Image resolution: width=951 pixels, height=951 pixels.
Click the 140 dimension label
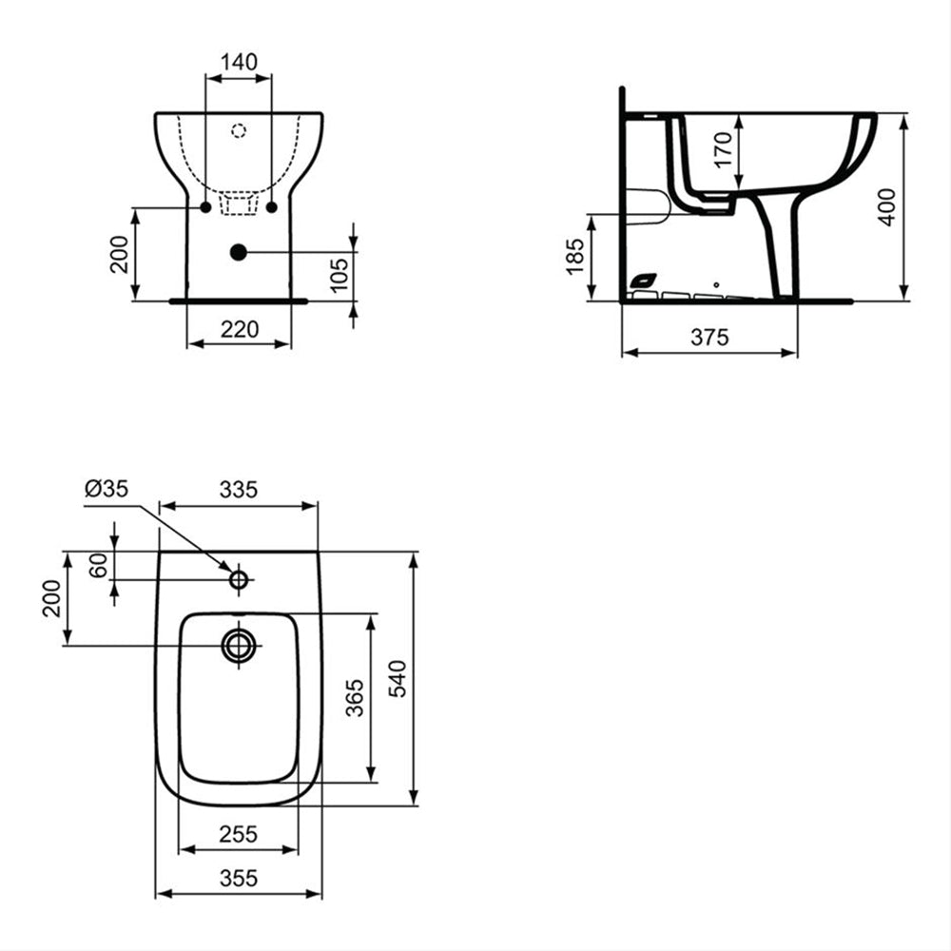(239, 62)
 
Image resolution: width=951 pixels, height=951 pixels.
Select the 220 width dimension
(240, 329)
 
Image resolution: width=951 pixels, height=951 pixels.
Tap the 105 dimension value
(340, 275)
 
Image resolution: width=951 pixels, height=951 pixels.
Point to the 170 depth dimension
(724, 150)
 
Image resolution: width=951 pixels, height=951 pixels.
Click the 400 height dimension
(886, 207)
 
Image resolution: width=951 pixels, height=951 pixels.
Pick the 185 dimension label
(574, 256)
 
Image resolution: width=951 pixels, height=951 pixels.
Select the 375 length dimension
(709, 338)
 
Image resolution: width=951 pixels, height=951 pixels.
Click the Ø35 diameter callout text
(107, 488)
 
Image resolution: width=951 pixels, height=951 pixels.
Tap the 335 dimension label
(239, 490)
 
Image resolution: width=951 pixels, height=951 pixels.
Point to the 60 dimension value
(99, 565)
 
